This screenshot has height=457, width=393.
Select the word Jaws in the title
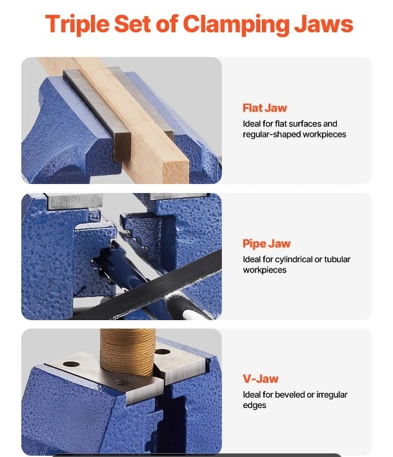(324, 25)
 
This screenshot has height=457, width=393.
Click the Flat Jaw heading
(265, 108)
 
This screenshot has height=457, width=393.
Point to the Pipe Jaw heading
(267, 243)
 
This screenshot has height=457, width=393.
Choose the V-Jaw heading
(261, 379)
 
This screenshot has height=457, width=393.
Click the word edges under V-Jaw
(254, 406)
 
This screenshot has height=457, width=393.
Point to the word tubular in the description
(337, 259)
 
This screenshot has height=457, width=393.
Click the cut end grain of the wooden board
(176, 173)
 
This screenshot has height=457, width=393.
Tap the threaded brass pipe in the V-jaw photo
(128, 351)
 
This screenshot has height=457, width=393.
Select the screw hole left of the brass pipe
(71, 364)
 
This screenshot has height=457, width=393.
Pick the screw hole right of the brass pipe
(162, 352)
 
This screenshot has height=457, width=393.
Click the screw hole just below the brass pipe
(122, 382)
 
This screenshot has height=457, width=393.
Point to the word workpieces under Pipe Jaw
(265, 270)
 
